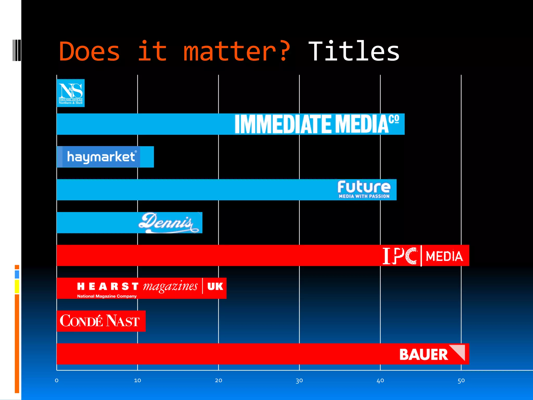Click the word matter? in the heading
coord(237,52)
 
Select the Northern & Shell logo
coord(71,93)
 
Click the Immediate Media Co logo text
coord(316,124)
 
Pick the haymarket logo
coord(101,157)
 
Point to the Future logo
coord(364,189)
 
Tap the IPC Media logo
coord(423,256)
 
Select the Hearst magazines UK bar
coord(141,288)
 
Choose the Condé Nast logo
coord(100,321)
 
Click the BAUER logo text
coord(423,354)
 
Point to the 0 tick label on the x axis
coord(57,380)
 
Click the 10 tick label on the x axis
coord(137,380)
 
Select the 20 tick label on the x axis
coord(218,380)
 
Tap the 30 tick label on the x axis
coord(299,380)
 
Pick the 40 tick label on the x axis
coord(380,380)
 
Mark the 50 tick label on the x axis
coord(461,380)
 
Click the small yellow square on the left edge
coord(17,286)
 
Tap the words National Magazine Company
coord(107,296)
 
